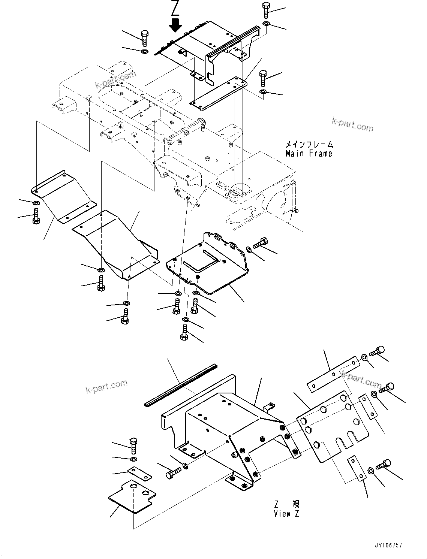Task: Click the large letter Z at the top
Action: coord(175,8)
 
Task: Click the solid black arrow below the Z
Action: coord(175,25)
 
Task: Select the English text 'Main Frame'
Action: coord(309,153)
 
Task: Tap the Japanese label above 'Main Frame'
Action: coord(309,144)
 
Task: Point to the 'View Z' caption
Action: coord(286,514)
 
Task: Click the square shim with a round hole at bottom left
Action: coord(132,495)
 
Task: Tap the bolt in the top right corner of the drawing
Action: coord(266,10)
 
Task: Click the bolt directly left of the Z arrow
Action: coord(145,38)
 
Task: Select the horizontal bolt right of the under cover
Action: coord(261,243)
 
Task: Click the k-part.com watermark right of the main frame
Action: coord(352,124)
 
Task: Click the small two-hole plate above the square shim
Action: coord(139,473)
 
